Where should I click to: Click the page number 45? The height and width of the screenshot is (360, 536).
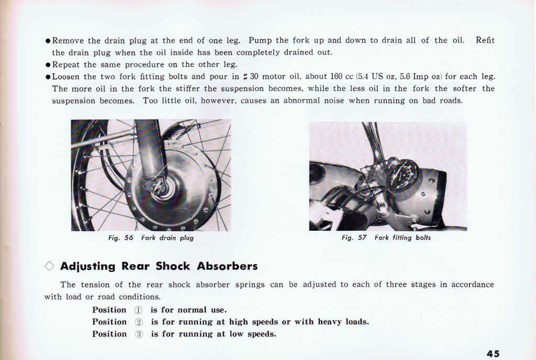click(493, 354)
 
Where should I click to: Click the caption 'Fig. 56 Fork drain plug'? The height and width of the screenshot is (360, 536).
click(151, 238)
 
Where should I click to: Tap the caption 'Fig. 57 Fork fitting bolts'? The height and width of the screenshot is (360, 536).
click(386, 238)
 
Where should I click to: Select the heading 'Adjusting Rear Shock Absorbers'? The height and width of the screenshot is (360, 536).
click(159, 266)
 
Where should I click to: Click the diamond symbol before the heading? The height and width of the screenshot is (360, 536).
click(49, 266)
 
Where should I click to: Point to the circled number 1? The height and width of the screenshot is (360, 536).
click(139, 310)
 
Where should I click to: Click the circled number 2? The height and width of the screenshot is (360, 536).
click(139, 322)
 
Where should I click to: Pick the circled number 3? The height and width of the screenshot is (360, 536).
click(139, 334)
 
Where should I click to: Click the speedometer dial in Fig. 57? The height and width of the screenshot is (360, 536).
click(402, 176)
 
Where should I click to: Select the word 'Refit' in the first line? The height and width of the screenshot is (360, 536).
click(485, 40)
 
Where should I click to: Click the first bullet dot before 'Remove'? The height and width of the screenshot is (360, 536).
click(48, 41)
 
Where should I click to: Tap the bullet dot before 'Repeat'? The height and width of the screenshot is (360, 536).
click(48, 65)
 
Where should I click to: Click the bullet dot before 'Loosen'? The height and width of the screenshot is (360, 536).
click(48, 77)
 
